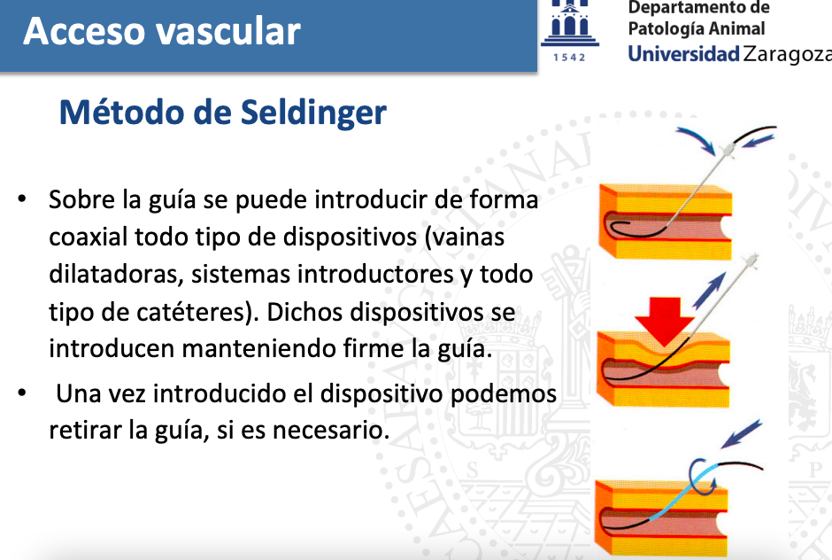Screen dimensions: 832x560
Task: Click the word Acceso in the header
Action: (84, 31)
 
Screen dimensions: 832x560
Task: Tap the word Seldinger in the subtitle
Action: (313, 113)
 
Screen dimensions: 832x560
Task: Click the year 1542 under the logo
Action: (569, 58)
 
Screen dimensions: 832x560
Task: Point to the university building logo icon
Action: (569, 23)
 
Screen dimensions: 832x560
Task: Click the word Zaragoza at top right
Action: (788, 54)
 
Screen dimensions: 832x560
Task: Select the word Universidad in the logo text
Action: (683, 53)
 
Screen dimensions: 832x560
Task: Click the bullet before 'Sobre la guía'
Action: (22, 199)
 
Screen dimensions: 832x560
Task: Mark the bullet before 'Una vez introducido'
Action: (22, 393)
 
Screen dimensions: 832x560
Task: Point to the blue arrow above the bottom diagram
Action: (741, 434)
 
